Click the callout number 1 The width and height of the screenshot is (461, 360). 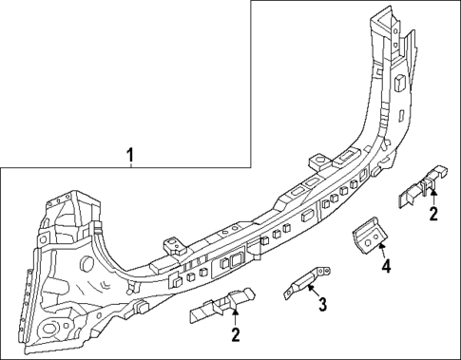(x=131, y=154)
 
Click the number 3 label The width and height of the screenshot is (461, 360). (x=322, y=304)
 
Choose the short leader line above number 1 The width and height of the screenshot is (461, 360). (x=131, y=169)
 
